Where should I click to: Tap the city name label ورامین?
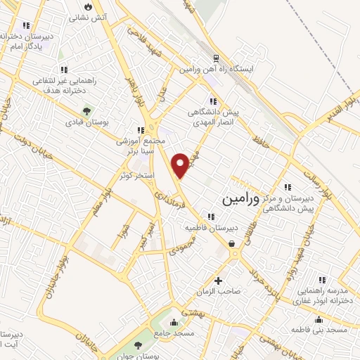[x=240, y=199]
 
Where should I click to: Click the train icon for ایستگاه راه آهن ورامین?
[x=217, y=59]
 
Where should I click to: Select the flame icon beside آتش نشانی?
[x=88, y=6]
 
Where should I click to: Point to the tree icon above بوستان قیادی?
[x=87, y=110]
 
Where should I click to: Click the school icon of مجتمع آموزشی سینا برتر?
[x=141, y=129]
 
